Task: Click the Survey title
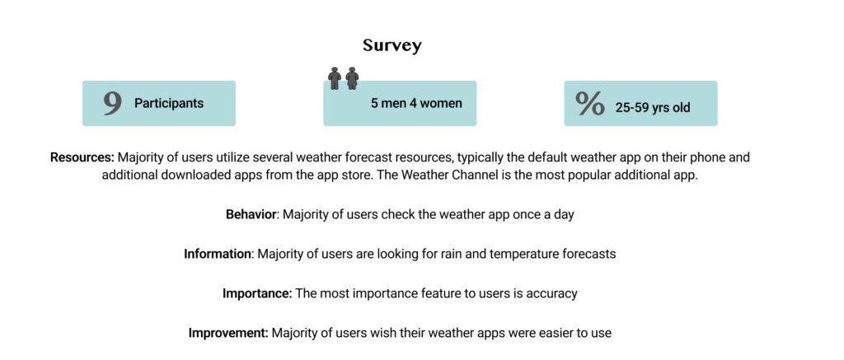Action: click(392, 46)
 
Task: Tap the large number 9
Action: click(112, 103)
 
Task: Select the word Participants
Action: click(169, 103)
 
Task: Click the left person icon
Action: click(335, 78)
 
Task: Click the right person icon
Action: click(352, 78)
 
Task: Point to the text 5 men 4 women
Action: click(416, 103)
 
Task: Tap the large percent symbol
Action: click(590, 103)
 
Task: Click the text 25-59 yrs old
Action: click(653, 108)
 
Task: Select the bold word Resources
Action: click(82, 157)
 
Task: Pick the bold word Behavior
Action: click(251, 214)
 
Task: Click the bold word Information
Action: click(218, 254)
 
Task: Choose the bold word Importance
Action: click(257, 293)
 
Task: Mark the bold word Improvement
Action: click(228, 333)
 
